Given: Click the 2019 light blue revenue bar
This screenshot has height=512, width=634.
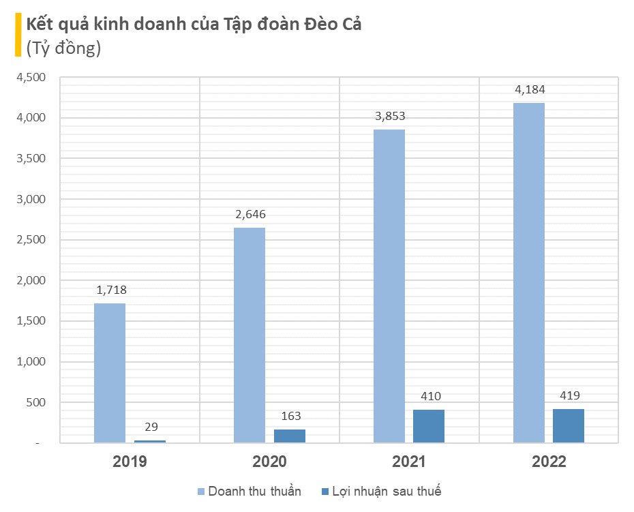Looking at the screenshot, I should click(x=110, y=373).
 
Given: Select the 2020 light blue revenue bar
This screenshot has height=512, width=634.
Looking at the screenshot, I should click(x=250, y=335).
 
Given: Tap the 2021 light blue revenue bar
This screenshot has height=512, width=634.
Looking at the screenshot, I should click(x=389, y=286).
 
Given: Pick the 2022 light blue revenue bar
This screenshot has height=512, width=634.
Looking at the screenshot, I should click(x=529, y=273).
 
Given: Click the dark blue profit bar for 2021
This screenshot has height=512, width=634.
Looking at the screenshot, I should click(x=429, y=426).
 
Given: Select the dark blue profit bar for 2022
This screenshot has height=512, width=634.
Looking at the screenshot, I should click(x=569, y=425).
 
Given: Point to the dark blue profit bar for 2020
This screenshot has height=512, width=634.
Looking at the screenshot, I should click(x=289, y=436).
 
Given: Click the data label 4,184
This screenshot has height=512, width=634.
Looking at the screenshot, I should click(x=530, y=89).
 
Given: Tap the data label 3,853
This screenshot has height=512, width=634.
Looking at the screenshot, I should click(x=390, y=116).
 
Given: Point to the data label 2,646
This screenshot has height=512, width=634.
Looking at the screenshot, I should click(x=250, y=214).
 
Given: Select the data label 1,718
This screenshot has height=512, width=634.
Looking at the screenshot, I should click(x=111, y=290).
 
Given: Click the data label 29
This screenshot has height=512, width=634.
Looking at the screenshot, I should click(x=151, y=427).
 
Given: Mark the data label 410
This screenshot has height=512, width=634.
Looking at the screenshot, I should click(x=429, y=396).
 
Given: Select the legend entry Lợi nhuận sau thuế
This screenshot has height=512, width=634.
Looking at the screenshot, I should click(x=386, y=492).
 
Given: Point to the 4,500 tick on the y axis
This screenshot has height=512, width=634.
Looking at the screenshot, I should click(x=31, y=78).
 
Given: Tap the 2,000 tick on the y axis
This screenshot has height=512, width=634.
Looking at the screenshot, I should click(x=31, y=280).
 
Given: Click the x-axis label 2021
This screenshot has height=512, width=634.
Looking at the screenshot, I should click(x=408, y=462).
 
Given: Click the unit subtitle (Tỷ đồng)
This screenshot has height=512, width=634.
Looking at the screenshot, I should click(x=63, y=48).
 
